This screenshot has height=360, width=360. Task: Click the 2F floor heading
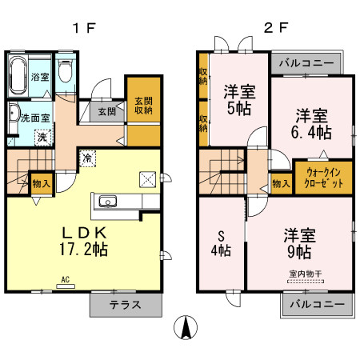(x=275, y=27)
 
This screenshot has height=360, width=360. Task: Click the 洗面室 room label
(x=35, y=117)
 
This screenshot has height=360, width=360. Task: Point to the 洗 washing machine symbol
(x=40, y=137)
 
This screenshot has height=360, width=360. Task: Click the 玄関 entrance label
(x=106, y=112)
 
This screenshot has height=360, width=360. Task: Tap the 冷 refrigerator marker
(x=86, y=158)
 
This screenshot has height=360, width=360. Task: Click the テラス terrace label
(x=125, y=304)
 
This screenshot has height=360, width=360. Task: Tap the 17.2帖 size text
(x=85, y=249)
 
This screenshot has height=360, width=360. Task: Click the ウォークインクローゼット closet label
(x=323, y=178)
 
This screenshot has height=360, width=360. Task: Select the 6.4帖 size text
(x=312, y=130)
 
